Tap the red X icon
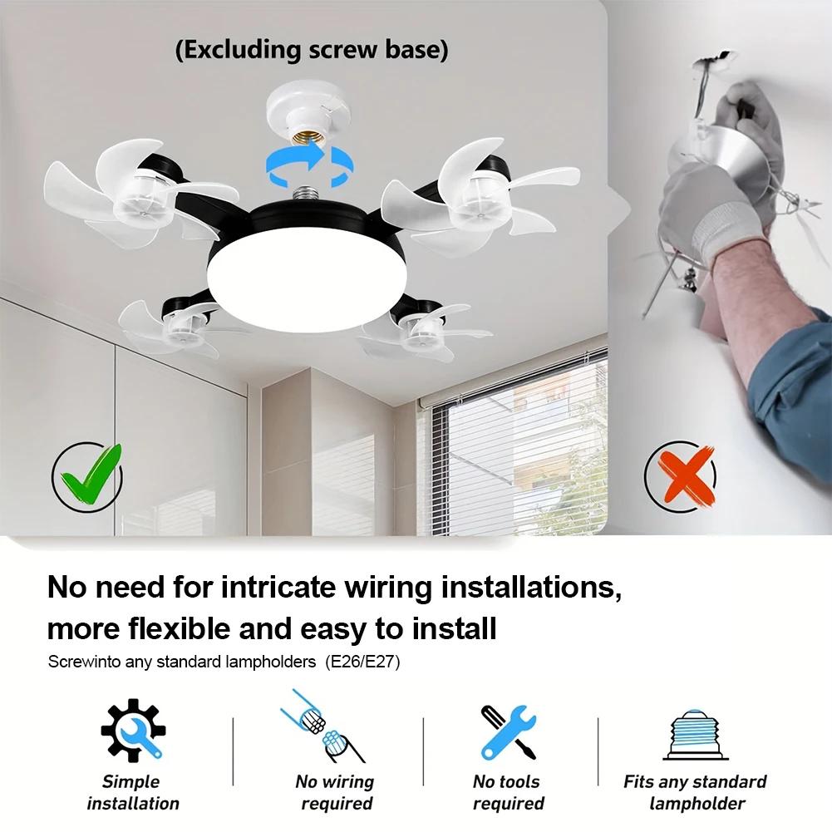681,478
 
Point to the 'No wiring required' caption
335,792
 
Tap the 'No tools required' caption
508,792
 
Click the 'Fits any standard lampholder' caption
695,792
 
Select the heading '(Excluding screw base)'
312,50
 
